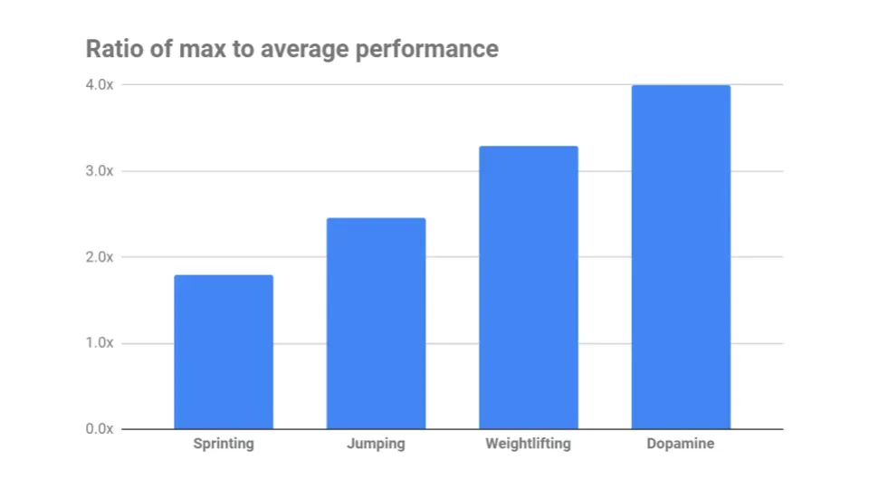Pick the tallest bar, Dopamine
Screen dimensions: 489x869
click(x=681, y=257)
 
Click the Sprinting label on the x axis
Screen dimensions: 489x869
click(x=224, y=444)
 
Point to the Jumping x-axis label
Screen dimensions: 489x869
click(x=376, y=444)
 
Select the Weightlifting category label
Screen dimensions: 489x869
click(x=529, y=444)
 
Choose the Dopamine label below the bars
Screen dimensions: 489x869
click(x=681, y=444)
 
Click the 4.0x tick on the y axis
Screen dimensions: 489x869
click(x=100, y=85)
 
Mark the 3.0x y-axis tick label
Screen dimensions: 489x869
click(x=100, y=171)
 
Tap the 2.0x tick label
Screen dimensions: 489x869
click(x=100, y=257)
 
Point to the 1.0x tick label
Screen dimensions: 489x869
click(x=100, y=343)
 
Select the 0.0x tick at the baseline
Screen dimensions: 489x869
click(x=100, y=428)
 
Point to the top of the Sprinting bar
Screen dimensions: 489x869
click(x=223, y=275)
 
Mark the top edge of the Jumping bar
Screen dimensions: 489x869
click(x=376, y=218)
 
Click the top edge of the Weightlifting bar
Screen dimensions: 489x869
click(x=529, y=147)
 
